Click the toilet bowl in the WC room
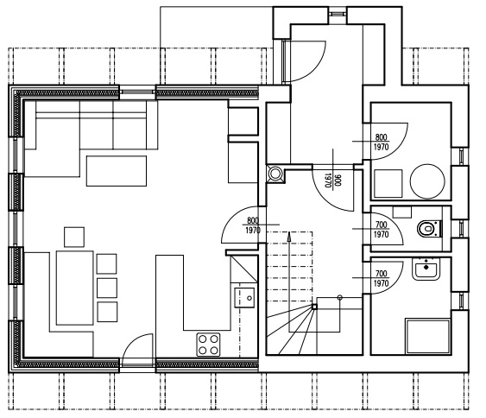tap(429, 229)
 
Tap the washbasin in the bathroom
tap(426, 269)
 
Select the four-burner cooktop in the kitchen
tap(208, 345)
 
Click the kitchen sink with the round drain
tap(244, 297)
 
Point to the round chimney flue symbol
tap(275, 174)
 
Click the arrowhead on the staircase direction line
tap(289, 237)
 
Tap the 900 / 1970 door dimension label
tap(333, 180)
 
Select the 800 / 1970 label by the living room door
tap(253, 225)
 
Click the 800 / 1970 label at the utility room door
tap(381, 142)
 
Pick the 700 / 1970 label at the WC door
tap(381, 229)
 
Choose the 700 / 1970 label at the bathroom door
tap(381, 278)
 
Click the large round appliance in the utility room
tap(427, 181)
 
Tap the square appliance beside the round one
tap(388, 184)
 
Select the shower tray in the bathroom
tap(428, 336)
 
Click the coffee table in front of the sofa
tap(117, 171)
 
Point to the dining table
tap(75, 288)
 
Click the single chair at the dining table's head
tap(74, 237)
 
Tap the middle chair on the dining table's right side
tap(107, 288)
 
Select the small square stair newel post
tap(314, 307)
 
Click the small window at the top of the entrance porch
tap(338, 14)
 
